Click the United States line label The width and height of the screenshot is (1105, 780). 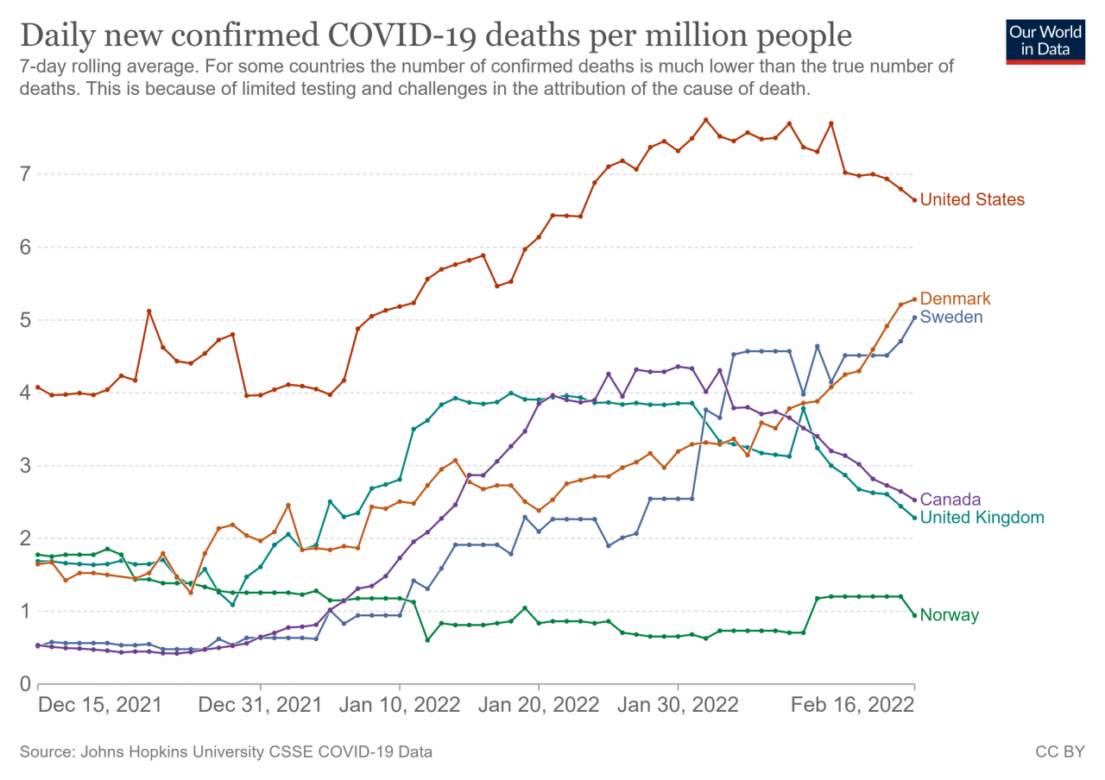point(972,199)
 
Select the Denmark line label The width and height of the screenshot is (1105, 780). point(955,299)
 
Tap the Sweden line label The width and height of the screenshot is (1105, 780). point(951,317)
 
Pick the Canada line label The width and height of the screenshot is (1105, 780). point(950,499)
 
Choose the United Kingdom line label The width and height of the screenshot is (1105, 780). point(982,518)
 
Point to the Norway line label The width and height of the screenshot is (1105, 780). point(949,615)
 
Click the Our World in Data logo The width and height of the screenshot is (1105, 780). point(1045,40)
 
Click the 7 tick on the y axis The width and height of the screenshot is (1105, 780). point(25,174)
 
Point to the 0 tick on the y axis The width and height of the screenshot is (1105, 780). point(25,684)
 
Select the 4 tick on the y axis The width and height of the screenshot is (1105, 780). point(25,393)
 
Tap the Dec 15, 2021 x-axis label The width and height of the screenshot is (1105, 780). point(100,704)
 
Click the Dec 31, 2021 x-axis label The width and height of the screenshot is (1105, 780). point(260,704)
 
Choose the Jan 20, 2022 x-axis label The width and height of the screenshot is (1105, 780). point(539,704)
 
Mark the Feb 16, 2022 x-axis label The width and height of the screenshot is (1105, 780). point(853,704)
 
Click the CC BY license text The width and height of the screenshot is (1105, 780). point(1059,752)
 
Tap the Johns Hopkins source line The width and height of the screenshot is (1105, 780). point(226,752)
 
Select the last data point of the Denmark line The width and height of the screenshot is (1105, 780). point(914,299)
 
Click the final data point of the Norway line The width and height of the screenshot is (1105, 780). point(914,615)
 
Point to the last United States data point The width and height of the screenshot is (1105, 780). point(914,200)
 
